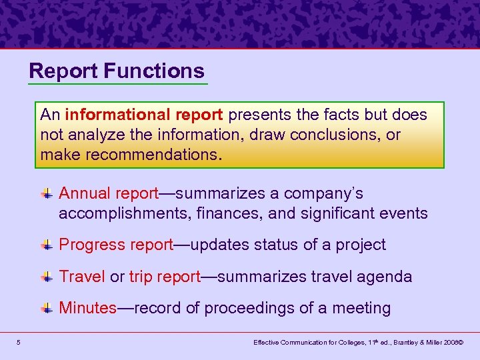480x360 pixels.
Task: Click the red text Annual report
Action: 109,193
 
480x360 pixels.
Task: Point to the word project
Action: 360,245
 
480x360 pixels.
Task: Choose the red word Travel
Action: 82,277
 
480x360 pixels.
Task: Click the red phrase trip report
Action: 165,277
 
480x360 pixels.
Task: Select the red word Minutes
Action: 88,308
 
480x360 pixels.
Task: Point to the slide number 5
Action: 19,343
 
